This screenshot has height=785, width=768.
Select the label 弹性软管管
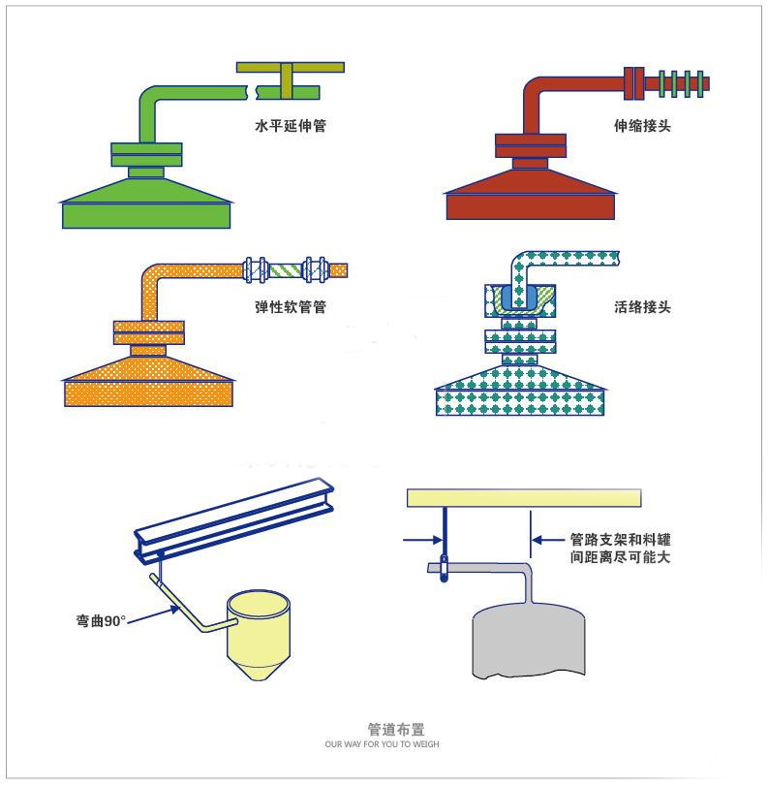284,308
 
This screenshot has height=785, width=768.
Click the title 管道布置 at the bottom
384,729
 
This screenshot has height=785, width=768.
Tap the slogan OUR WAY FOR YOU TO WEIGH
384,744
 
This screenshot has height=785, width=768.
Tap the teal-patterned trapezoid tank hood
521,393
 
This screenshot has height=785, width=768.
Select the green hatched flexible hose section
286,269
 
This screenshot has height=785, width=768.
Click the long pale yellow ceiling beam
524,498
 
